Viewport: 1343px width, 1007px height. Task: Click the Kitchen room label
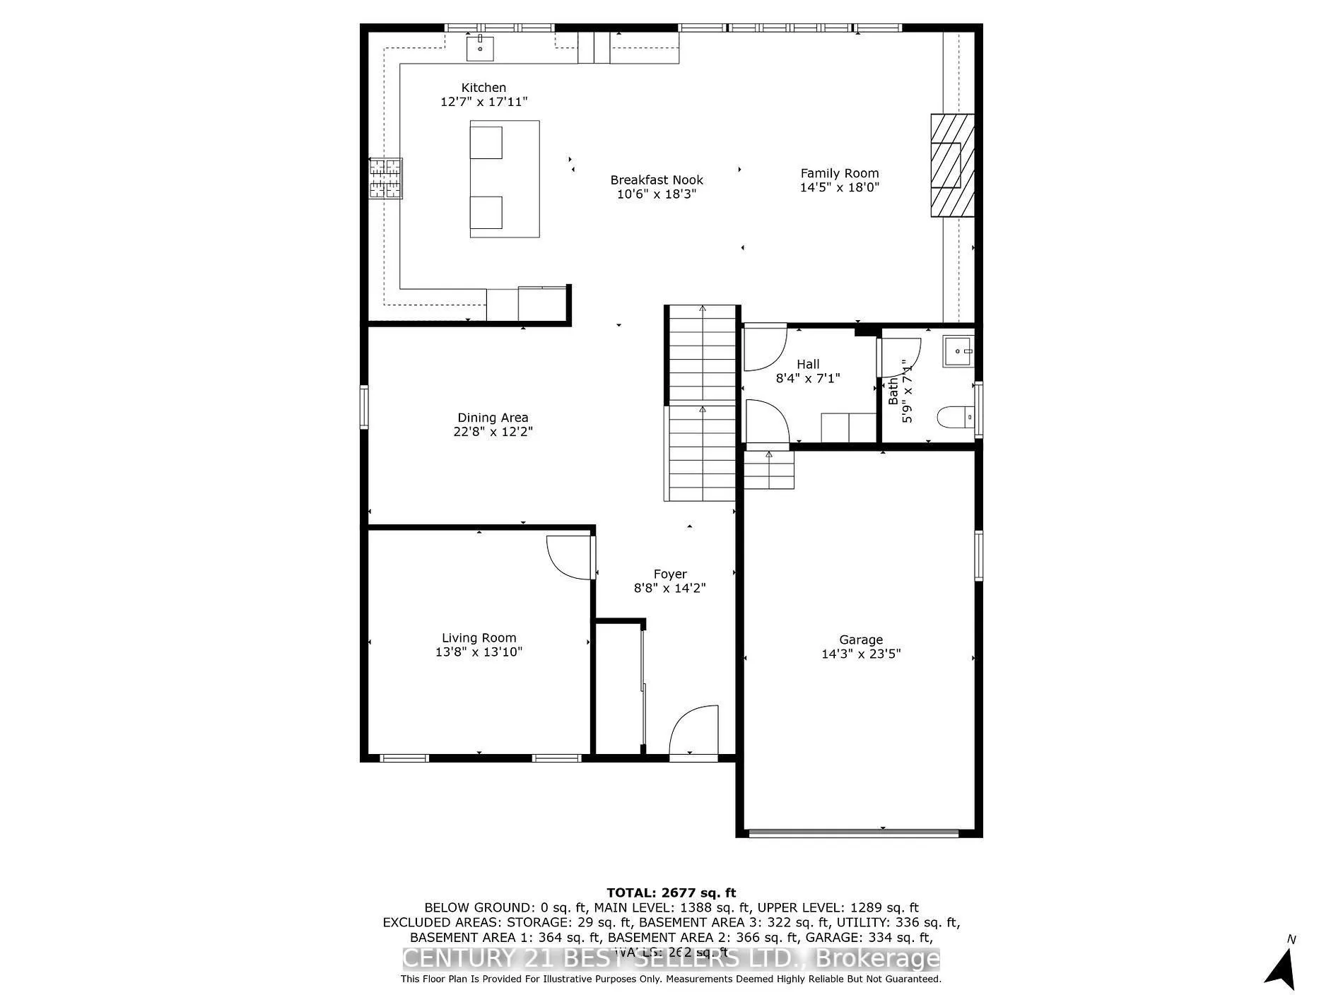pyautogui.click(x=483, y=88)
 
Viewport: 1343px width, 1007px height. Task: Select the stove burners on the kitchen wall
pyautogui.click(x=386, y=178)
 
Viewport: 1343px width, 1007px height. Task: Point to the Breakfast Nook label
pyautogui.click(x=657, y=180)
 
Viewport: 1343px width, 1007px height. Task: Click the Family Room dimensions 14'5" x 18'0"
pyautogui.click(x=840, y=187)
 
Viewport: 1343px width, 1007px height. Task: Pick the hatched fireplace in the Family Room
pyautogui.click(x=951, y=165)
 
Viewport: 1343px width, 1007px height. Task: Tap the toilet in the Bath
pyautogui.click(x=956, y=418)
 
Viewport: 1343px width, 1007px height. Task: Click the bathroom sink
pyautogui.click(x=958, y=351)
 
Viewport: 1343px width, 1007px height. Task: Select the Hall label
pyautogui.click(x=808, y=364)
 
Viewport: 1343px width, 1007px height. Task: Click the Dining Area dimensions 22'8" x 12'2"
pyautogui.click(x=493, y=432)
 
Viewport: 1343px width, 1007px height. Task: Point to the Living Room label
pyautogui.click(x=479, y=637)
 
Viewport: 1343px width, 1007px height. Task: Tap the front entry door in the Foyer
pyautogui.click(x=694, y=731)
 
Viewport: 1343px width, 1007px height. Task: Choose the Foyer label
pyautogui.click(x=669, y=574)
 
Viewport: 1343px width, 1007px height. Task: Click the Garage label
pyautogui.click(x=861, y=640)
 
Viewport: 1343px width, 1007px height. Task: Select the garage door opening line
pyautogui.click(x=854, y=832)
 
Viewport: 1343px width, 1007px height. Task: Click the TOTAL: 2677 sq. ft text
pyautogui.click(x=671, y=893)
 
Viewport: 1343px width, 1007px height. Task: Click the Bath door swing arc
pyautogui.click(x=900, y=358)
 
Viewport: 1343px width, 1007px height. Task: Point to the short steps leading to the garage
pyautogui.click(x=769, y=470)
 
